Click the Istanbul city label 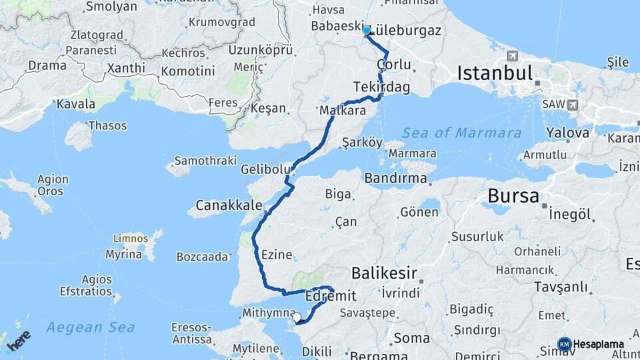click(x=494, y=73)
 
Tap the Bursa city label click(x=513, y=196)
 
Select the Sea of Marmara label click(x=462, y=133)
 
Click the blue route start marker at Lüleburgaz click(x=366, y=30)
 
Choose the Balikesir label click(x=384, y=273)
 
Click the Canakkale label click(x=229, y=204)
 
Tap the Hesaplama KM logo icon click(x=565, y=344)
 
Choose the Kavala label click(x=75, y=104)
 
